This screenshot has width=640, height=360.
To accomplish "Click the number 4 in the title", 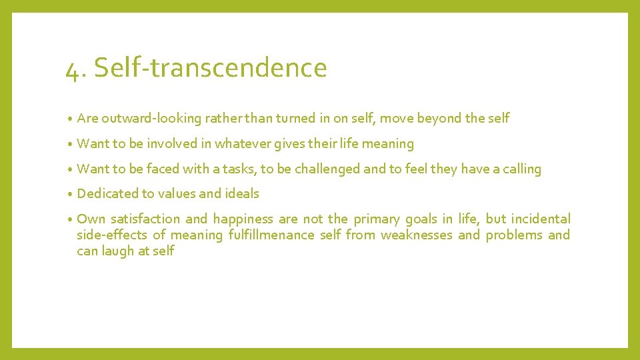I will coord(72,69).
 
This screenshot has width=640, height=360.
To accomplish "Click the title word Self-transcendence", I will coord(211,67).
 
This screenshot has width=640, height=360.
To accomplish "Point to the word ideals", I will coord(241,194).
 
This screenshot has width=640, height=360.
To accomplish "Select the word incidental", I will coord(541,219).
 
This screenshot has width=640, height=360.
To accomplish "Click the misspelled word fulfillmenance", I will coord(271,235).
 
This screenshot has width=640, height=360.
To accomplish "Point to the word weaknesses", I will coord(416,235).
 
